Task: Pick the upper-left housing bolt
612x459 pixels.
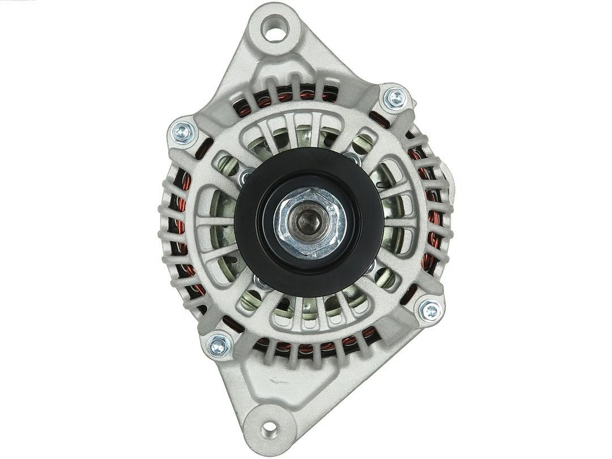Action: pos(183,133)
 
